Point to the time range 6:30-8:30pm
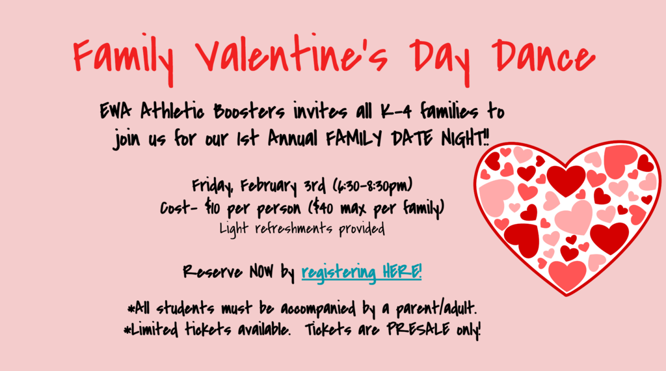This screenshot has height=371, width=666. point(372,185)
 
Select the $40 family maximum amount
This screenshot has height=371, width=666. point(321,208)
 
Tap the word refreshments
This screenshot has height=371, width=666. point(295,229)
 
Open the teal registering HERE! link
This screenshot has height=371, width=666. point(362,272)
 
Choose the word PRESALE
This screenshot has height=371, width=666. point(418,329)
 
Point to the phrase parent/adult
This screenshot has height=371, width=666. point(436,309)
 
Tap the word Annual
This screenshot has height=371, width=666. point(293,139)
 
